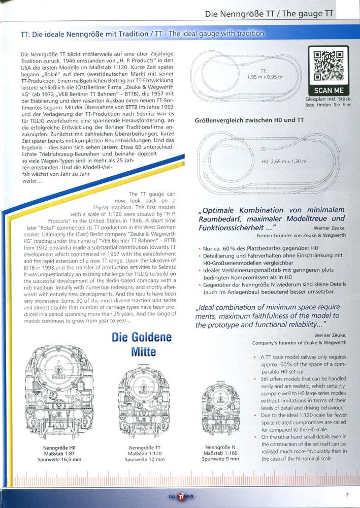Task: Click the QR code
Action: tap(328, 66)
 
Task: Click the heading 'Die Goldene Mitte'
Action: tap(142, 344)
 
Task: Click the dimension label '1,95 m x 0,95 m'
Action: tap(267, 77)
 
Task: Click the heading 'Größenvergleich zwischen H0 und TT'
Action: tap(249, 121)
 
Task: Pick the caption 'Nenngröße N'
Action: tap(220, 447)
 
